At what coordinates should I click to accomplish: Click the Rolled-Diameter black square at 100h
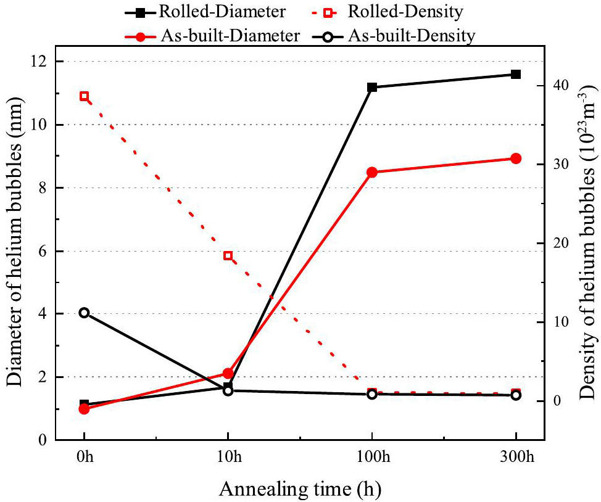pos(372,88)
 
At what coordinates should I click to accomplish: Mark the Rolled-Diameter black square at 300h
pos(516,75)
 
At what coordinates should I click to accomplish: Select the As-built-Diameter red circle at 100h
pos(372,172)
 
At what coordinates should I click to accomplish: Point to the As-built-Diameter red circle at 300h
pos(516,158)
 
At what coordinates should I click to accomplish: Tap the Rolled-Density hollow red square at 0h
pos(85,96)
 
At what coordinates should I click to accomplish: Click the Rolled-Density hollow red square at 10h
pos(228,255)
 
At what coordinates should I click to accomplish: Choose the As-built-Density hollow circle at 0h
pos(85,313)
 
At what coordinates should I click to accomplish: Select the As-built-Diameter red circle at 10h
pos(228,373)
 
